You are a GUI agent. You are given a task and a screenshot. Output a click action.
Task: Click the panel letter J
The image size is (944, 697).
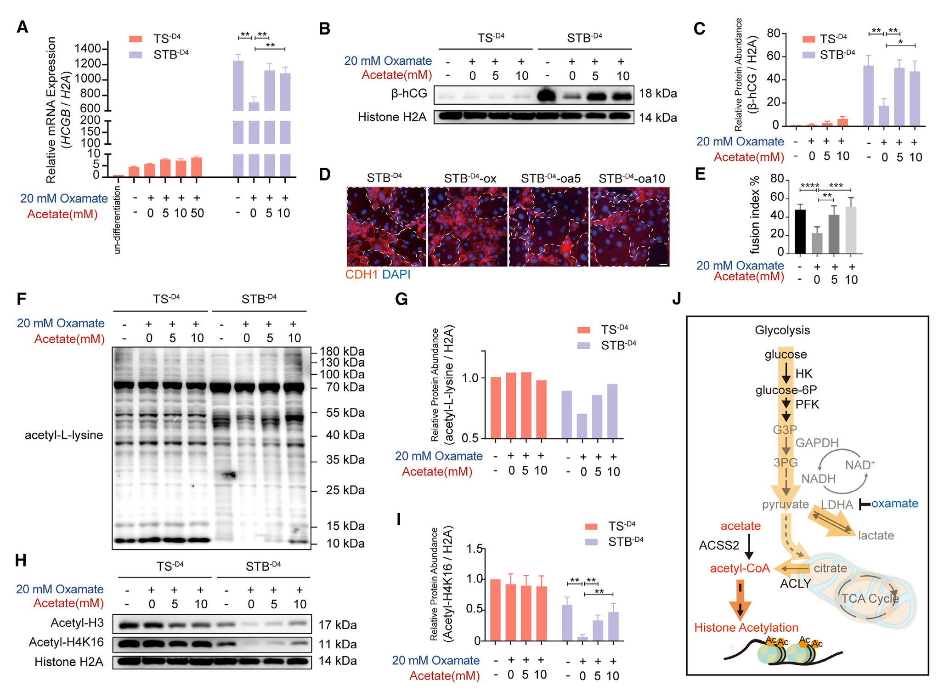(676, 299)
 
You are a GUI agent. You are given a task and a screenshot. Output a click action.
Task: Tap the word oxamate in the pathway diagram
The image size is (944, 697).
(894, 504)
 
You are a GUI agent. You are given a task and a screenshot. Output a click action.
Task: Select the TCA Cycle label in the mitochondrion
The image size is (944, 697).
(869, 599)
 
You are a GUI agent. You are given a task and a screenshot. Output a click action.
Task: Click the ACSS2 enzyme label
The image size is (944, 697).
(718, 545)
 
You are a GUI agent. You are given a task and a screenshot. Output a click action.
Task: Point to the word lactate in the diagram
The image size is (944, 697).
(876, 535)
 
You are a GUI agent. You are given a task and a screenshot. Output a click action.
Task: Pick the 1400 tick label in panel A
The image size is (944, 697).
(87, 49)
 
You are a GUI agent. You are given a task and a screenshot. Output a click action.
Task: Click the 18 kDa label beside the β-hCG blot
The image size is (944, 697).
(657, 94)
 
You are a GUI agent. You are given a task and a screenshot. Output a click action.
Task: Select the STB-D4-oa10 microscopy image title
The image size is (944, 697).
(632, 178)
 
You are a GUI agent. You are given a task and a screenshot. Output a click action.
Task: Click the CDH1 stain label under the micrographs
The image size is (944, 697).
(362, 275)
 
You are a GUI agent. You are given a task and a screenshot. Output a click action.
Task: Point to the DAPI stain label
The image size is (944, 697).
(396, 275)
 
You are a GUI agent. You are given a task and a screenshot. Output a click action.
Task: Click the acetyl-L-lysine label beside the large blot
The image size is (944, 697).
(64, 435)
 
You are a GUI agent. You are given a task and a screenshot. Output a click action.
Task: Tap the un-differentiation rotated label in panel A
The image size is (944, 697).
(117, 220)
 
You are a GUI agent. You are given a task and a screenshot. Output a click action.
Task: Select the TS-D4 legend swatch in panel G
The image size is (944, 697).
(583, 330)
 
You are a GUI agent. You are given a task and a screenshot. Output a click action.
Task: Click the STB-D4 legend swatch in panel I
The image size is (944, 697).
(591, 542)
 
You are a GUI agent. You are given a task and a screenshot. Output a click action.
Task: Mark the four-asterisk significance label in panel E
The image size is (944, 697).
(809, 186)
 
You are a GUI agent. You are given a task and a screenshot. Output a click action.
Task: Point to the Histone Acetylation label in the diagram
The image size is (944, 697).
(746, 628)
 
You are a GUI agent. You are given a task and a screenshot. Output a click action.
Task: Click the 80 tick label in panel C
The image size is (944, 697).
(773, 33)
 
